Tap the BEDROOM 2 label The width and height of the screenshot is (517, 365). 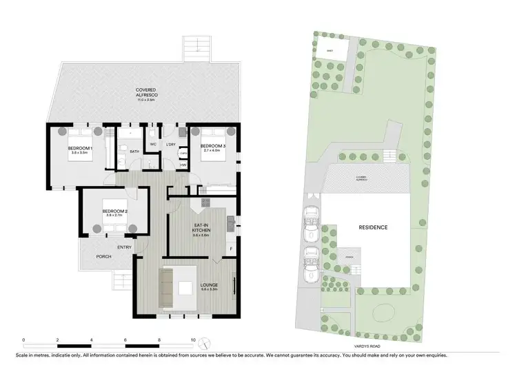(114, 212)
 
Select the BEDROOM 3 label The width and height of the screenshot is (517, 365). (212, 147)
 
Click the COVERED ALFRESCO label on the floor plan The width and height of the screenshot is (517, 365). (145, 90)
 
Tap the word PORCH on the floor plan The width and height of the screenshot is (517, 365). (103, 257)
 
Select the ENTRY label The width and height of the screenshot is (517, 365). (124, 247)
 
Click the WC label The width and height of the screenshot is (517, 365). (153, 144)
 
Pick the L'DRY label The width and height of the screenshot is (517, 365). (170, 144)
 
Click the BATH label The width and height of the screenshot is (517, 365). (134, 151)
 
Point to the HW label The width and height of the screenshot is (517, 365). (183, 165)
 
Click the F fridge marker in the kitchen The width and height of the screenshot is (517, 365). (231, 247)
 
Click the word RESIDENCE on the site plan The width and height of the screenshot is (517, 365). (372, 227)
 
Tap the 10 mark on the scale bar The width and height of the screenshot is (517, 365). (193, 340)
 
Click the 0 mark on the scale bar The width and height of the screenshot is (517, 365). (23, 340)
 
